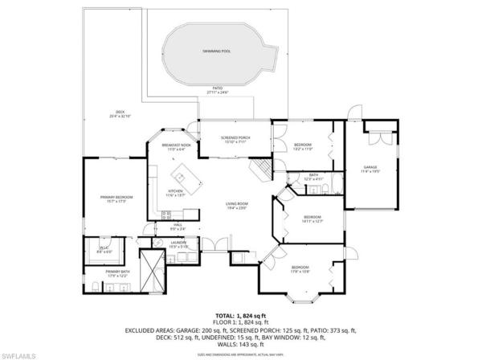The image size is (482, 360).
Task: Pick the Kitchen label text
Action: click(x=174, y=193)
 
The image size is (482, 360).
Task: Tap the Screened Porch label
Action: click(x=235, y=140)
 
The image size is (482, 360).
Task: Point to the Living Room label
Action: click(x=236, y=206)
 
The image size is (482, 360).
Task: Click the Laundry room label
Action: click(x=178, y=243)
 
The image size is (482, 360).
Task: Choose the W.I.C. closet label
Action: click(x=104, y=250)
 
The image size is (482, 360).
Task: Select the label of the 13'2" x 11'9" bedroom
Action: click(x=303, y=147)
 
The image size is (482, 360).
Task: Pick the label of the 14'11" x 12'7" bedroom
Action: click(x=312, y=219)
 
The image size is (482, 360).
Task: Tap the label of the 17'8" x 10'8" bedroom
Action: click(x=301, y=269)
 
